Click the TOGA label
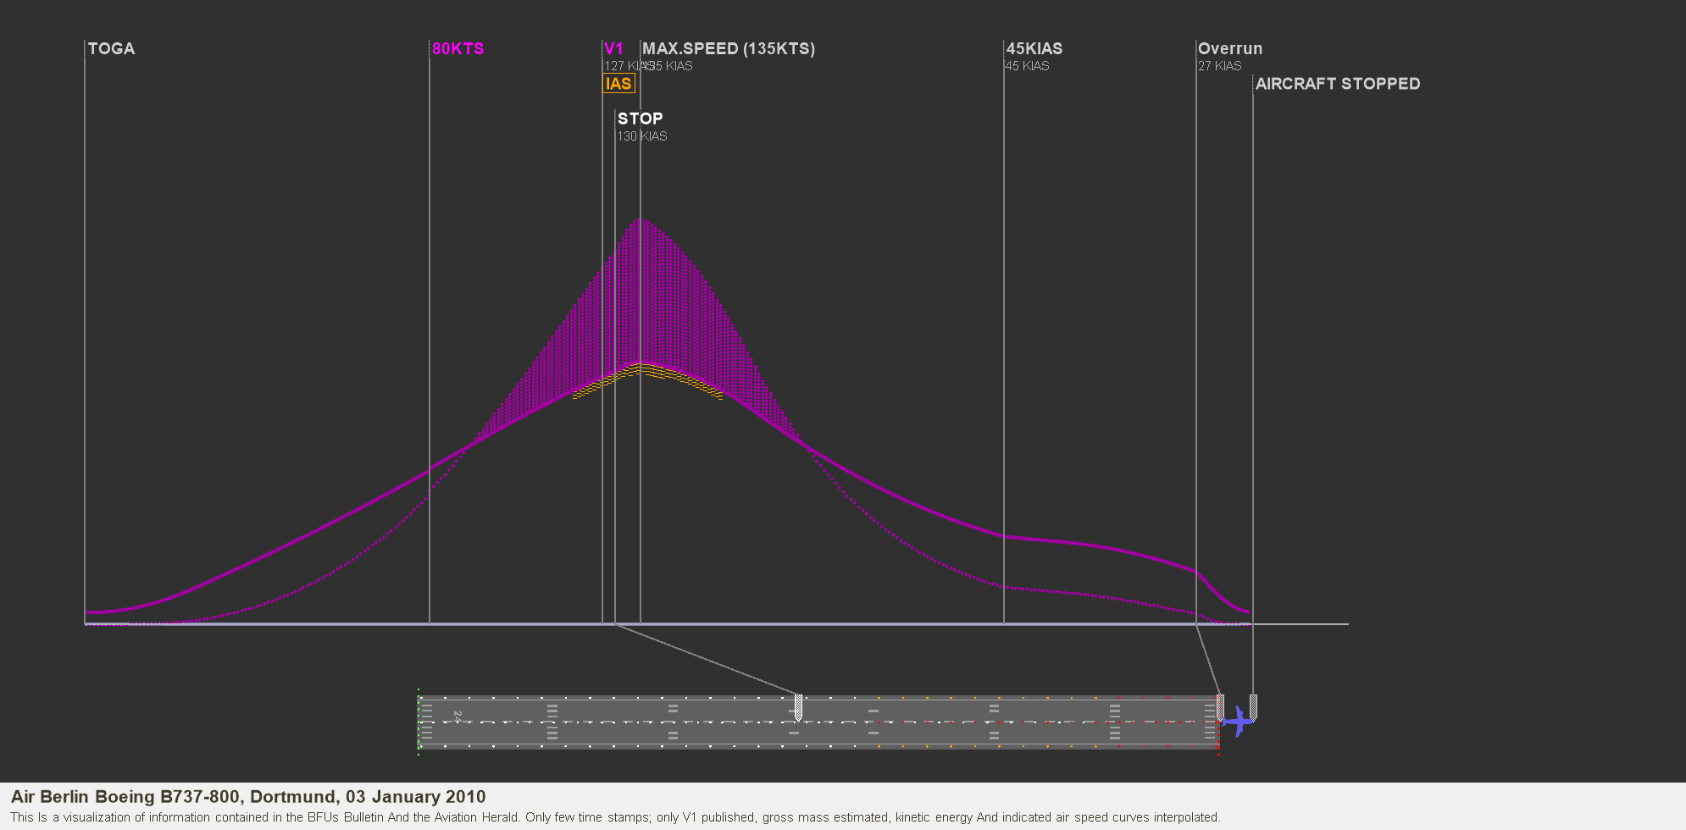tap(111, 49)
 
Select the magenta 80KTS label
tap(458, 49)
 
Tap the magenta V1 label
tap(613, 49)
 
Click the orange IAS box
tap(618, 84)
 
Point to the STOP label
tap(640, 119)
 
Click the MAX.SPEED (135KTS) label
tap(729, 49)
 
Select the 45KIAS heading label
tap(1034, 49)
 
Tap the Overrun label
tap(1229, 49)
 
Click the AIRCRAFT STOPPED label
tap(1338, 84)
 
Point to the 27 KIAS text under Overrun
tap(1219, 66)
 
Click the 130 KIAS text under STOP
tap(641, 136)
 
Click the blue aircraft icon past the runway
tap(1238, 722)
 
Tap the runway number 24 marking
tap(458, 717)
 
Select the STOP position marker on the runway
tap(798, 706)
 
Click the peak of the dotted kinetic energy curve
tap(642, 220)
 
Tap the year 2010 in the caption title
tap(467, 797)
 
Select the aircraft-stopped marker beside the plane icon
tap(1253, 706)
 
